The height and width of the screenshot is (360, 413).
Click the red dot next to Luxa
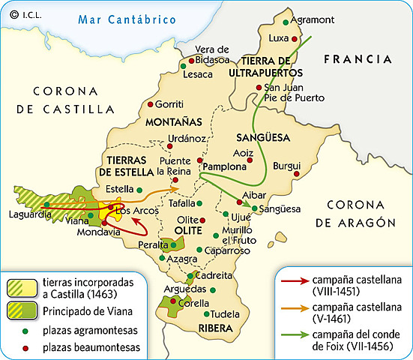coord(295,38)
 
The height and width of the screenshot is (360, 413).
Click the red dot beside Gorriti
coord(151,104)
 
